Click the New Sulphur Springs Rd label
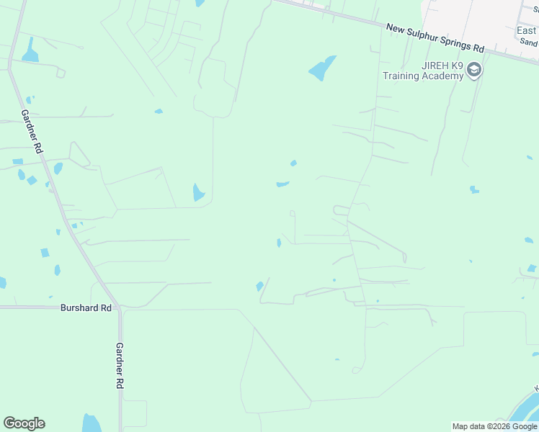435,38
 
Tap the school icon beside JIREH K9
474,70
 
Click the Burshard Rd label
86,307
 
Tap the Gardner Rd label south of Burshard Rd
120,366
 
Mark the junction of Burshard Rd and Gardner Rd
119,307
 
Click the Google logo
24,423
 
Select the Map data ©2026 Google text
494,426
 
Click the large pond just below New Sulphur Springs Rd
322,68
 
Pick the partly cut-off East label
527,31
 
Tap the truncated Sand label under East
530,43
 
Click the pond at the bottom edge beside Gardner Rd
92,423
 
